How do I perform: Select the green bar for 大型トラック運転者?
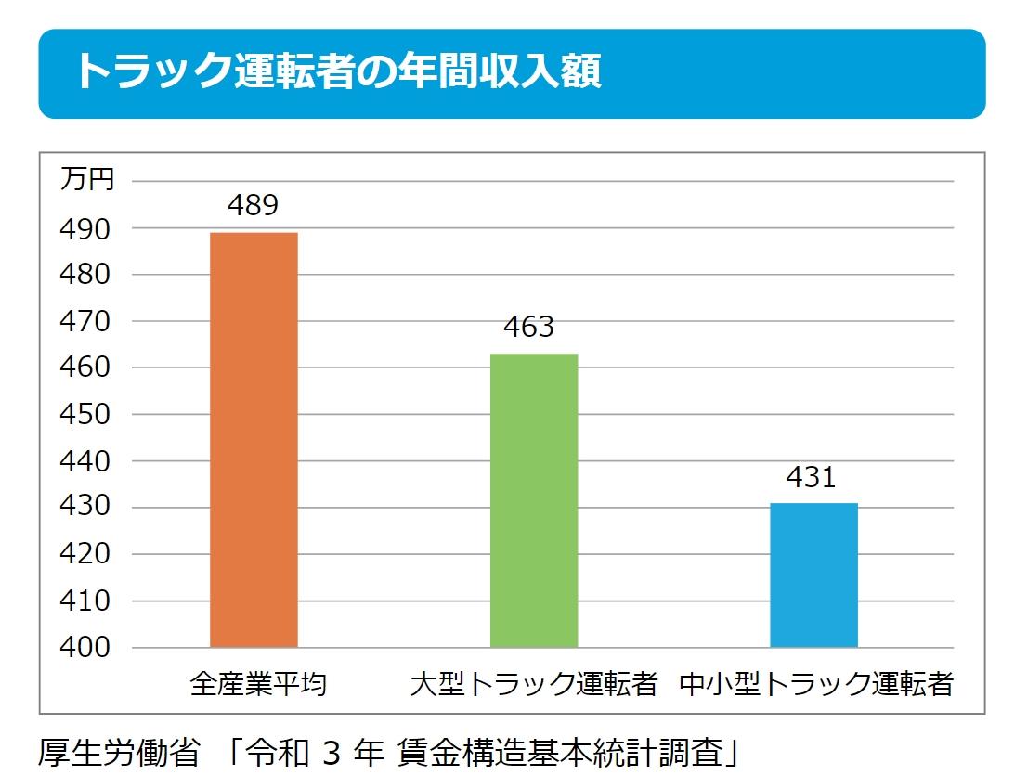tap(533, 500)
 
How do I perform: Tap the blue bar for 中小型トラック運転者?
tap(813, 575)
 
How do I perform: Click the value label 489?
tap(254, 205)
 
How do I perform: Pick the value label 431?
tap(811, 477)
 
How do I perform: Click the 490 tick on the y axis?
tap(85, 228)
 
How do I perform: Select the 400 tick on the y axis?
tap(85, 648)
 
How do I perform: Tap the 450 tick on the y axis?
tap(85, 415)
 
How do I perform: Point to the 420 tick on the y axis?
tap(85, 554)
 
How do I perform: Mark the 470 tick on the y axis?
tap(85, 321)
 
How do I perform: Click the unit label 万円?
tap(87, 178)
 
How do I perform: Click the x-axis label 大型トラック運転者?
tap(534, 685)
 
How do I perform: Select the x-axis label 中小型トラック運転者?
tap(816, 685)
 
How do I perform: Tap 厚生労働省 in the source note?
tap(119, 750)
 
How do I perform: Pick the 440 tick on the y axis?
tap(85, 461)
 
